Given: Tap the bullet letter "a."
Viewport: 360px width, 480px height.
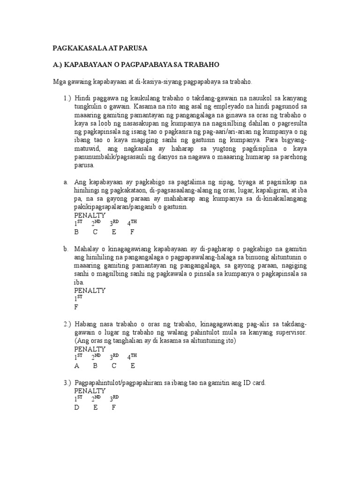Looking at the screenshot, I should point(66,181).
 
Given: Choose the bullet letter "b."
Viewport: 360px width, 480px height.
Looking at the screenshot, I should point(67,249).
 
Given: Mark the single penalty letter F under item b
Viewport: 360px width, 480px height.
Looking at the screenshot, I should point(76,307).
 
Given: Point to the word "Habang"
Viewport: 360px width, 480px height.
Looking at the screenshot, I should point(86,324).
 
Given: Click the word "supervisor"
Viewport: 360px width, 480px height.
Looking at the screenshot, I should point(290,332).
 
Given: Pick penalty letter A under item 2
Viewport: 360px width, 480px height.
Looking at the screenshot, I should point(76,366).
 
